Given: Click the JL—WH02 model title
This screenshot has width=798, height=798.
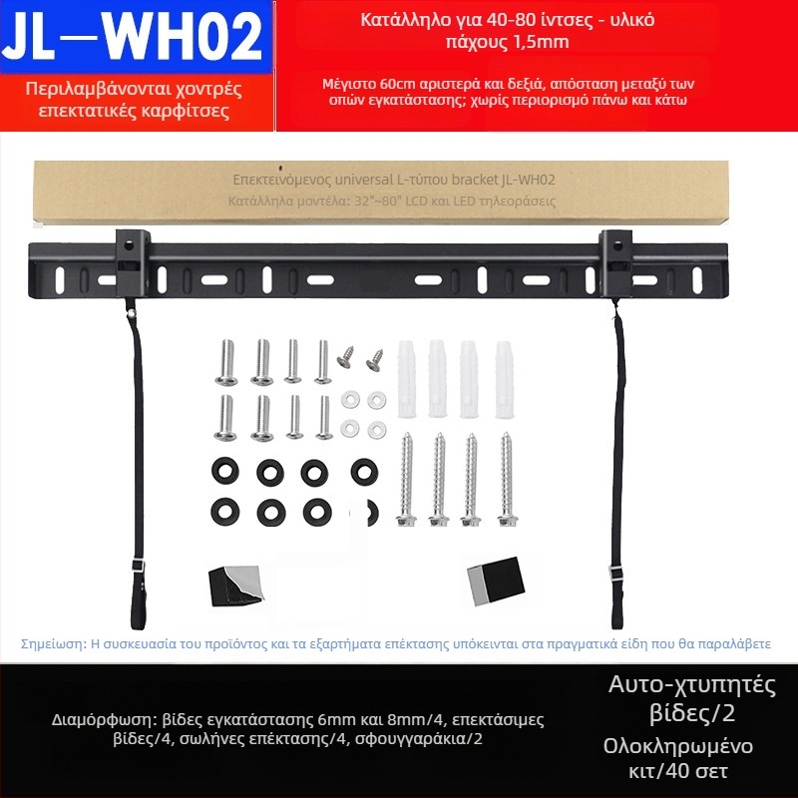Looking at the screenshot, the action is (x=135, y=37).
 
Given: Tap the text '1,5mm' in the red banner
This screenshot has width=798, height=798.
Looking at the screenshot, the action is (x=542, y=42).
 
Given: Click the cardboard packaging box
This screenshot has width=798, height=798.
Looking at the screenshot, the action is (x=381, y=193).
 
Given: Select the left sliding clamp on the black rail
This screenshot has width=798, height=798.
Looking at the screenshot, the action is (x=133, y=263).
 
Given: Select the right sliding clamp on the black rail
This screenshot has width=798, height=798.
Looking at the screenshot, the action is (x=615, y=263).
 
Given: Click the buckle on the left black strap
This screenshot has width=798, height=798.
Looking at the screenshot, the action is (x=138, y=566).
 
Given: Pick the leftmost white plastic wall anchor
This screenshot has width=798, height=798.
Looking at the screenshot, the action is (x=407, y=379).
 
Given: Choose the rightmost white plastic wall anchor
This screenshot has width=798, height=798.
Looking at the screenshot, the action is (x=505, y=380).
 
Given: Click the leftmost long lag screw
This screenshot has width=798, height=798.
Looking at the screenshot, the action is (x=406, y=479).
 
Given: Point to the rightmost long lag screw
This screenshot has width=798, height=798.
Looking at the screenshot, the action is (x=507, y=479).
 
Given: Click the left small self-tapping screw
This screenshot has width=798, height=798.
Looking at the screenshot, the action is (x=345, y=357).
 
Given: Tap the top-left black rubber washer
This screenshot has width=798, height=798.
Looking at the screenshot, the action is (x=225, y=471).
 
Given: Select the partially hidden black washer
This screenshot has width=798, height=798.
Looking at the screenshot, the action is (x=371, y=513).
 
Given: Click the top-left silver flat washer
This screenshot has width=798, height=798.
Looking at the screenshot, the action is (x=351, y=400).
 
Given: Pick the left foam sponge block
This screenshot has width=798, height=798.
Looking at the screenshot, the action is (x=235, y=586).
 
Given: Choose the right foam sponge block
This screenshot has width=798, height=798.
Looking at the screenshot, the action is (x=495, y=581).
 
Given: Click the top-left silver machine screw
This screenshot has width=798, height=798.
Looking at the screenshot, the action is (x=226, y=362).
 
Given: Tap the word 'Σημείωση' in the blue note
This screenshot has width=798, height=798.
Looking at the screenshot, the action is (x=54, y=644).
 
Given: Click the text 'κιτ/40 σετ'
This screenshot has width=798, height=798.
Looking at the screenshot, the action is (x=678, y=771).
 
